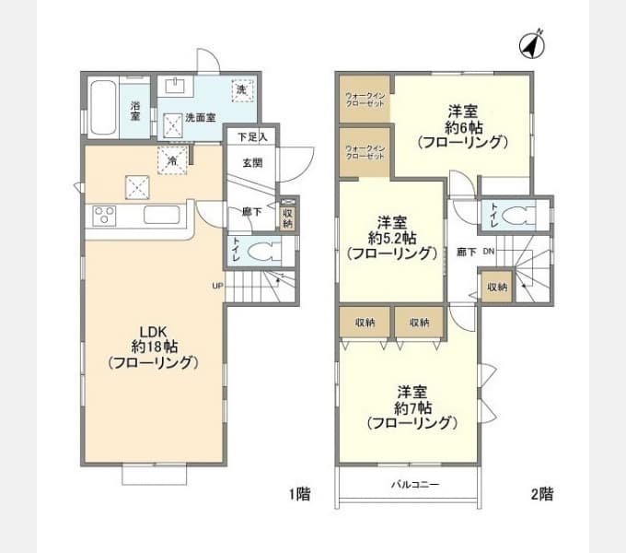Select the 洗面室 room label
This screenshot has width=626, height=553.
click(200, 118)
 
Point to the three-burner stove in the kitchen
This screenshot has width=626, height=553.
click(104, 218)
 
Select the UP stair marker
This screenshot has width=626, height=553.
click(217, 285)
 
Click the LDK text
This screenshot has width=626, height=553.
click(153, 330)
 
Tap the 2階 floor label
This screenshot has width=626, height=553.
click(541, 494)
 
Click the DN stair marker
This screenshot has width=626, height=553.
click(489, 251)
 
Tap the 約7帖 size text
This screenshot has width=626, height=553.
click(411, 406)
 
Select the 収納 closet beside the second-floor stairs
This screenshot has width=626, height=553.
click(496, 287)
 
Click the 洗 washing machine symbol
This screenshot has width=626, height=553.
click(241, 90)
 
